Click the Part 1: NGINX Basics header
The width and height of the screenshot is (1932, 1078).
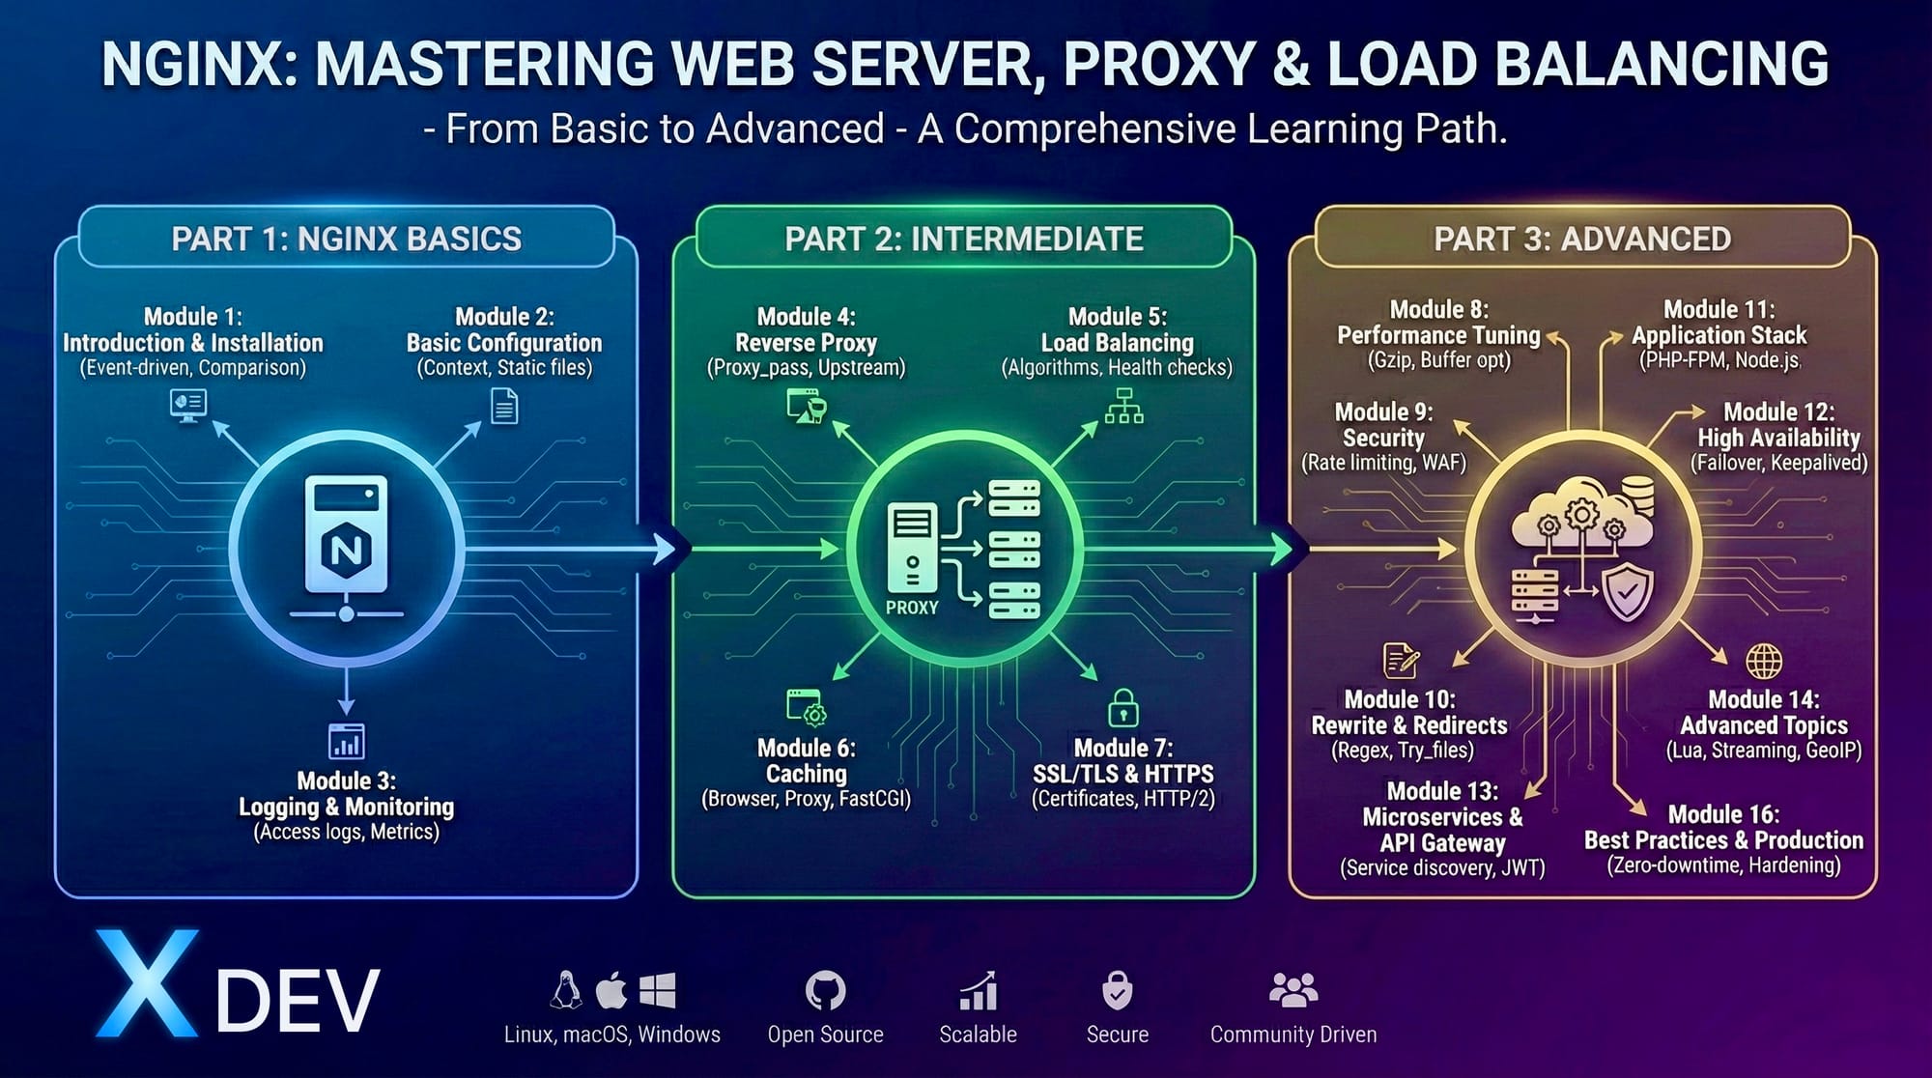(346, 239)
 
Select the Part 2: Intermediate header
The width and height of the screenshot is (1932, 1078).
(963, 239)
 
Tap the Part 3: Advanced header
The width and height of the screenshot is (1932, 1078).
(1581, 239)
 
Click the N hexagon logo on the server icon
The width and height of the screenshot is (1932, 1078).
(346, 551)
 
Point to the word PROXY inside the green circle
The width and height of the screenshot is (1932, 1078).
(912, 608)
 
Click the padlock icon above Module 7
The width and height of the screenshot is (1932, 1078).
(1122, 708)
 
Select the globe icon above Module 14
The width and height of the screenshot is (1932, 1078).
(1764, 662)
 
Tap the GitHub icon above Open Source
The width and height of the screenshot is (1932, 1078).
(825, 990)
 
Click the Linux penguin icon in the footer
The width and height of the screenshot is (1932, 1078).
(566, 990)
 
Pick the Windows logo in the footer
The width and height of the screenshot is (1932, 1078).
(658, 990)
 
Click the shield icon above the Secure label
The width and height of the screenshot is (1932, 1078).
(1118, 990)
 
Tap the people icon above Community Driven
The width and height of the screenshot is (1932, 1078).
(1293, 990)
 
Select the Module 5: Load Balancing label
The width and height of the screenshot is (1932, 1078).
(1117, 330)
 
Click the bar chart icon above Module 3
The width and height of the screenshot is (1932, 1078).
(346, 743)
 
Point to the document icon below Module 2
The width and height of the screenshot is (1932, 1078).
(504, 406)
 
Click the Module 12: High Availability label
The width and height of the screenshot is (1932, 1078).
(1778, 425)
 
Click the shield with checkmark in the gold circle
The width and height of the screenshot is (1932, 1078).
(1628, 593)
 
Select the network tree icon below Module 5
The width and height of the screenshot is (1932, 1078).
(1123, 407)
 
